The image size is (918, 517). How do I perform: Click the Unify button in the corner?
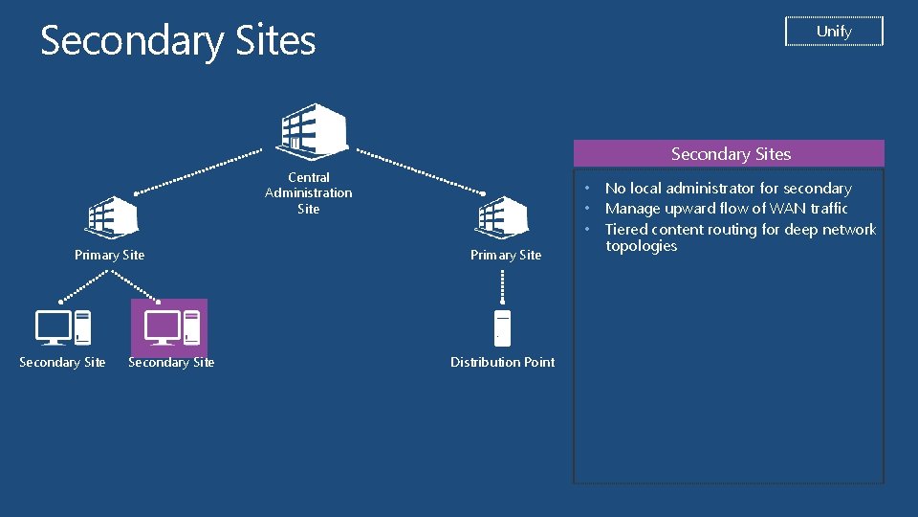(x=834, y=32)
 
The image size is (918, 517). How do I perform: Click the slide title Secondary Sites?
(x=178, y=40)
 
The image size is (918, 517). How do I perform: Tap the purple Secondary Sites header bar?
(x=730, y=153)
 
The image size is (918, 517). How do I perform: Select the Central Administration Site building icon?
(x=311, y=129)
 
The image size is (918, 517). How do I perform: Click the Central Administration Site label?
(x=308, y=192)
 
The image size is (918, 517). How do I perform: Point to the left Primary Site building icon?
(x=113, y=216)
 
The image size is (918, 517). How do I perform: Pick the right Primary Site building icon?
(x=503, y=216)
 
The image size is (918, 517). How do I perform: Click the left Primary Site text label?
(x=110, y=255)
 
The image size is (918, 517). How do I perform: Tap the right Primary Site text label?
(x=506, y=255)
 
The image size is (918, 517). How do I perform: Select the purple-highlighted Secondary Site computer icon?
(x=170, y=327)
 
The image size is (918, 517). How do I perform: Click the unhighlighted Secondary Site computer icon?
(x=63, y=327)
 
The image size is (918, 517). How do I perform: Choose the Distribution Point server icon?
(x=502, y=327)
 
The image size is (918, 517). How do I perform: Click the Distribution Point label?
(x=502, y=362)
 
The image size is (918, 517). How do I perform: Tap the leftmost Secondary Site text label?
(x=62, y=362)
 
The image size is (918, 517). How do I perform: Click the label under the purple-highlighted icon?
(x=171, y=362)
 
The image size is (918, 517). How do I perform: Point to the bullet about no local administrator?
(x=728, y=189)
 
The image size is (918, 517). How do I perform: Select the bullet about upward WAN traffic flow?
(x=726, y=209)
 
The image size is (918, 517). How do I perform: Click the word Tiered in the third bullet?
(x=626, y=229)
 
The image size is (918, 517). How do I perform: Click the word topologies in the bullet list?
(x=641, y=246)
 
